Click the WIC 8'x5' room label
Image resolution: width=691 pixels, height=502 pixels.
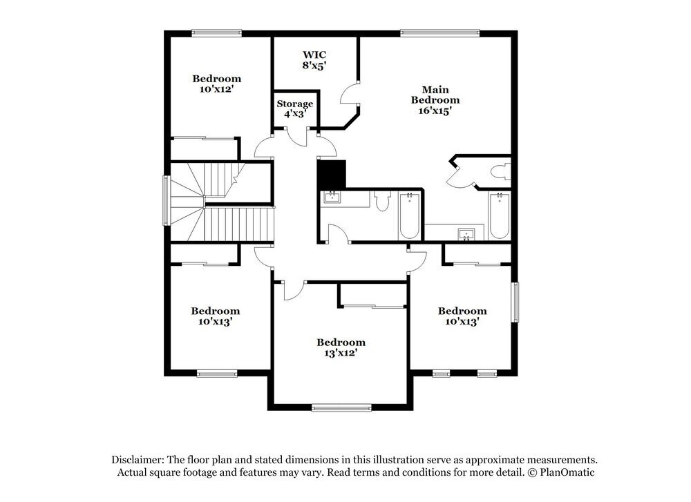click(314, 60)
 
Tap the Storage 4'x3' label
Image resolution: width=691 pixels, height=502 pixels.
click(295, 108)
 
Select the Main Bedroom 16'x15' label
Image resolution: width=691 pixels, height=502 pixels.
click(435, 99)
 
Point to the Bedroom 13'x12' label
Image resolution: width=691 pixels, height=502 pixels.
click(341, 347)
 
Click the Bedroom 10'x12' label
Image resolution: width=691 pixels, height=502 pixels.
click(216, 84)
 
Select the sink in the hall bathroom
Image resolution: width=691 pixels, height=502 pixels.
click(332, 198)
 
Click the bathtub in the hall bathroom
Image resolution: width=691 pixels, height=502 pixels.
click(410, 215)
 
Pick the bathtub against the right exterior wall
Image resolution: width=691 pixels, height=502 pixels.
click(498, 215)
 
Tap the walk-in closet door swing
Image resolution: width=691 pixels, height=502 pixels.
click(349, 95)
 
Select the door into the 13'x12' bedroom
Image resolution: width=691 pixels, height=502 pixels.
click(293, 290)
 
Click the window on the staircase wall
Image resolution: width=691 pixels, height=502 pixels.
click(166, 200)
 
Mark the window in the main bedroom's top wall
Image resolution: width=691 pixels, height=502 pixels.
click(439, 32)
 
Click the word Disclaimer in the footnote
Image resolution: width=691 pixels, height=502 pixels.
click(137, 459)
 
